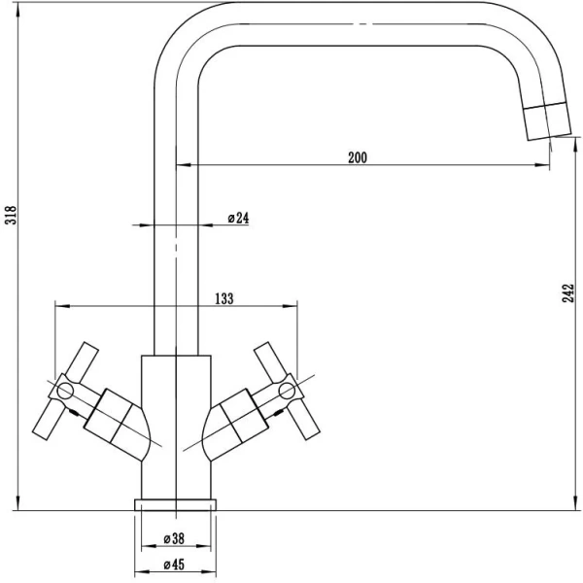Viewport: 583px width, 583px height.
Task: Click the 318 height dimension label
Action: (x=12, y=215)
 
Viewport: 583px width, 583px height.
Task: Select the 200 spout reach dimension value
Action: (x=358, y=157)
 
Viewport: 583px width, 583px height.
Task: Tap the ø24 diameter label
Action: (x=238, y=218)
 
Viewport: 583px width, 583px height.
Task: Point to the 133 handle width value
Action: (x=224, y=298)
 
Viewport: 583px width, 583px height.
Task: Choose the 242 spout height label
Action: (x=568, y=293)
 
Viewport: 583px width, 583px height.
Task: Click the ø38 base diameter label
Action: (x=174, y=538)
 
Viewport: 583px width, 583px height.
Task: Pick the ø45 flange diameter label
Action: (x=174, y=565)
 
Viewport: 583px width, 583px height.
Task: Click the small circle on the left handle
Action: (x=65, y=391)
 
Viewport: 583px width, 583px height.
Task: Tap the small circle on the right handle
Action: (x=287, y=391)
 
